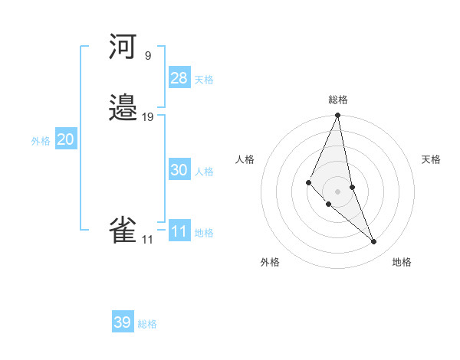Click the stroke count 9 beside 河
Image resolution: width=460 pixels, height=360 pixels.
[x=147, y=56]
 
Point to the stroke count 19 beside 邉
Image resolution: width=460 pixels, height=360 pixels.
[x=148, y=117]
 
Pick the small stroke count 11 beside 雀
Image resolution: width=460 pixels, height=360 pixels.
[x=147, y=240]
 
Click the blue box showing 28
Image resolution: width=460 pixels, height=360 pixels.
[x=179, y=78]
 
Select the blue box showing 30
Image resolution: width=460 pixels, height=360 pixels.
[x=179, y=170]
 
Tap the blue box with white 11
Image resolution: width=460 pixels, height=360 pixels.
[x=179, y=231]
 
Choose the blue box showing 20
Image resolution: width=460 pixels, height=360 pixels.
[x=66, y=139]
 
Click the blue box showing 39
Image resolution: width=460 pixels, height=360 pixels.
[x=123, y=322]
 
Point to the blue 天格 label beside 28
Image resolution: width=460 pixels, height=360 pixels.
[x=204, y=80]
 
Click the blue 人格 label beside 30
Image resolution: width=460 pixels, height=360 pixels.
[x=204, y=172]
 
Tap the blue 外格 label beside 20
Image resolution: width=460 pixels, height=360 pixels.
[x=41, y=141]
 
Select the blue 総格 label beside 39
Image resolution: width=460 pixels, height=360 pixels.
[x=148, y=324]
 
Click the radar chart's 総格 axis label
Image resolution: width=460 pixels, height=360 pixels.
[x=338, y=100]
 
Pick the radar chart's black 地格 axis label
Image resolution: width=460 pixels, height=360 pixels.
[x=402, y=262]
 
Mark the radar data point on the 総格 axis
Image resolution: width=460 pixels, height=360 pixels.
[x=338, y=116]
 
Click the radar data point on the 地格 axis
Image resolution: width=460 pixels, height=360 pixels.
[x=374, y=242]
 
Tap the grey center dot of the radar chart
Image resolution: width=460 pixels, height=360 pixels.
[x=338, y=191]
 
